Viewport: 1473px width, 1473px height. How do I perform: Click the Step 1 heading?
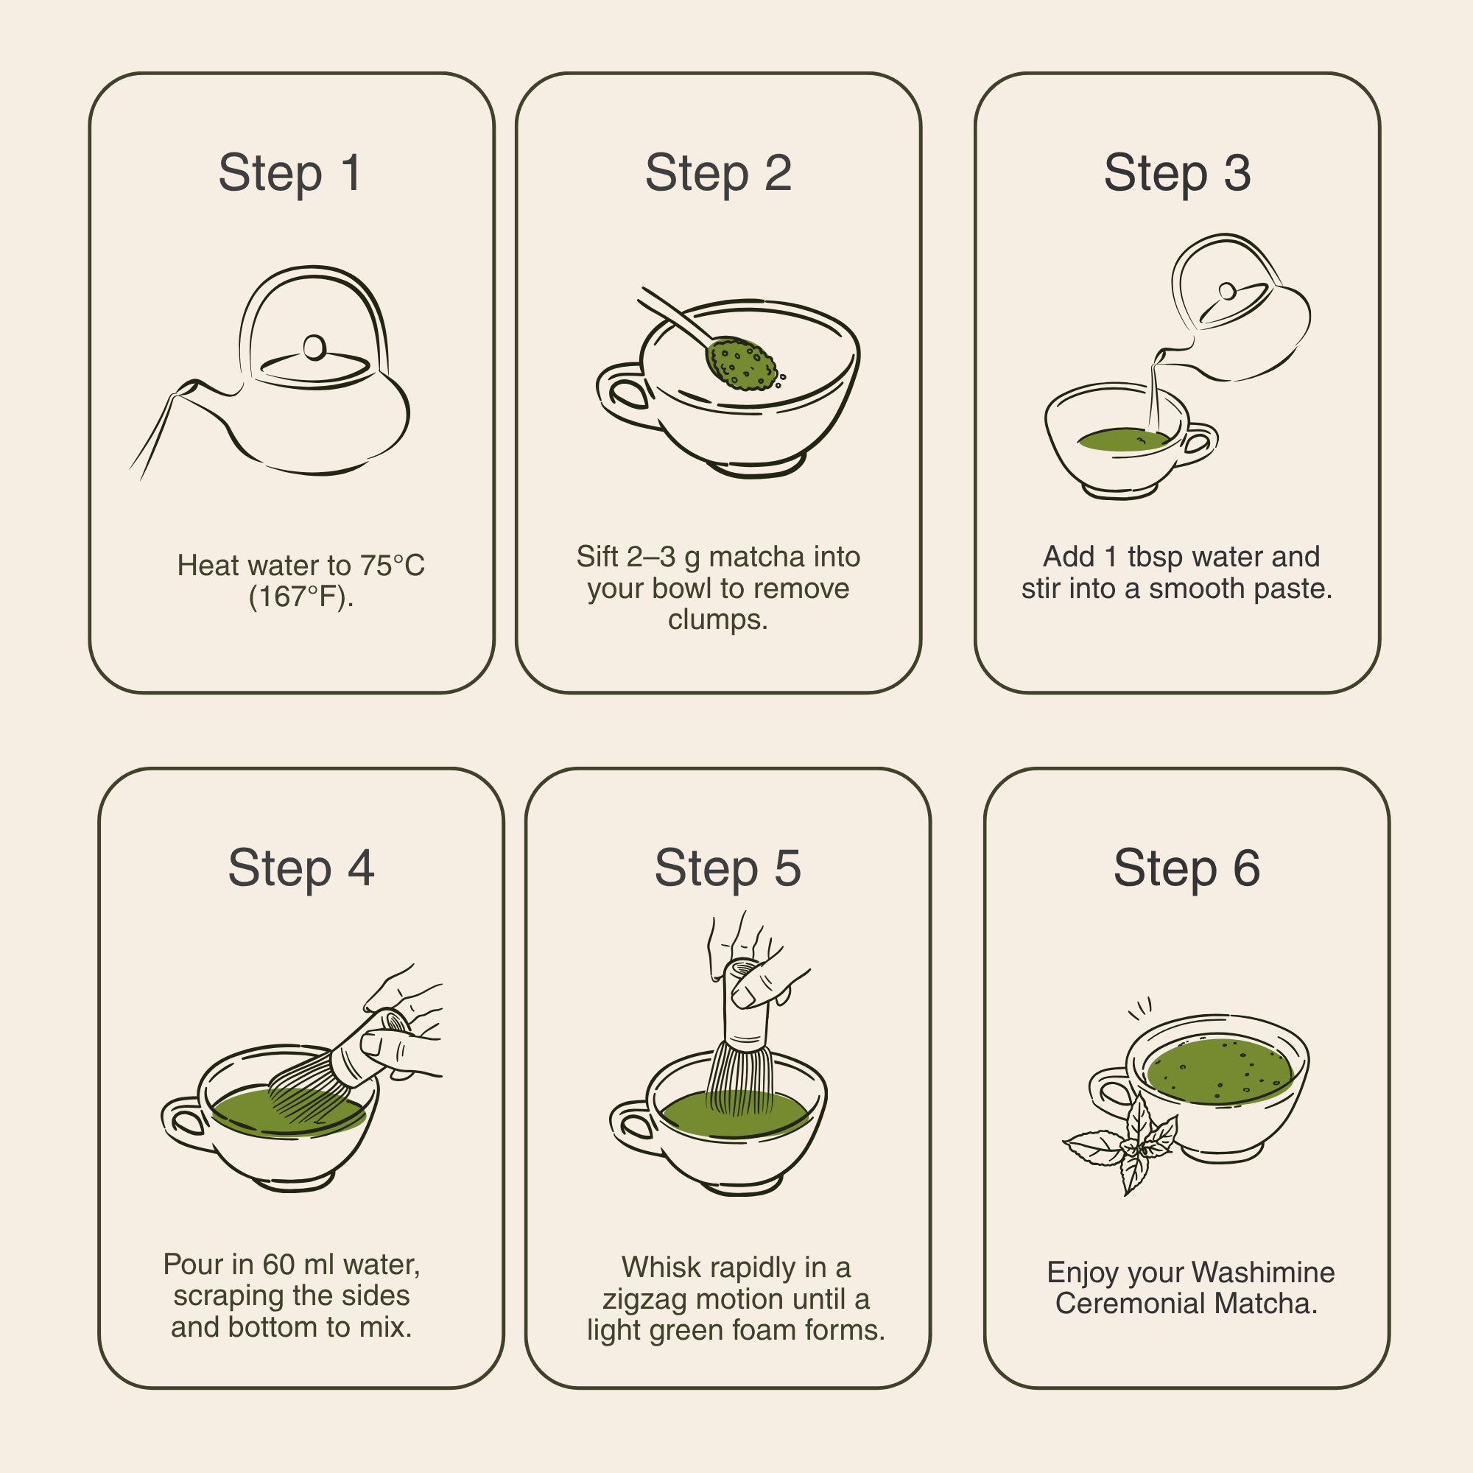(289, 174)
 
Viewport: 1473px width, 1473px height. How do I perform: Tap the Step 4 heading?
(301, 868)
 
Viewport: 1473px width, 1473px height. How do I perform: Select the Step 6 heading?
(1187, 868)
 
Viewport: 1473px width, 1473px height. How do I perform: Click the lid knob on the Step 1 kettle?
(314, 348)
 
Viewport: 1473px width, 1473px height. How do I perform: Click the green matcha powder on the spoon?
(741, 365)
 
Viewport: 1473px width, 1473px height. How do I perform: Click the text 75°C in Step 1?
(393, 566)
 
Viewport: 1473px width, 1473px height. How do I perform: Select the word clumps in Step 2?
(717, 620)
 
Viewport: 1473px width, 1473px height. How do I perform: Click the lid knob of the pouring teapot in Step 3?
(1228, 291)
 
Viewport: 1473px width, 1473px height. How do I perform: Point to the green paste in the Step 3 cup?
(1123, 440)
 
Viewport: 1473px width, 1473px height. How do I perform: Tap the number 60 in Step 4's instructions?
(278, 1264)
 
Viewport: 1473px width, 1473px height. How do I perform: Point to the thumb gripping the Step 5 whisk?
(755, 992)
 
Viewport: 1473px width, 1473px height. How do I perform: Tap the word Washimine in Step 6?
(1262, 1273)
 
